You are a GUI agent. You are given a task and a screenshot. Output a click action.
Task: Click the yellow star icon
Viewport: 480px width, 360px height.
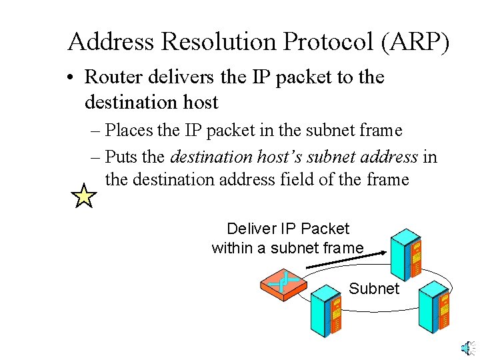pyautogui.click(x=84, y=197)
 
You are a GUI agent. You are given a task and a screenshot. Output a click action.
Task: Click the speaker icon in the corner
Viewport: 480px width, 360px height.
pyautogui.click(x=467, y=347)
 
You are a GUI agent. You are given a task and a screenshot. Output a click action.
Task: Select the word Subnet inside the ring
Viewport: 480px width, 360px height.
pyautogui.click(x=374, y=289)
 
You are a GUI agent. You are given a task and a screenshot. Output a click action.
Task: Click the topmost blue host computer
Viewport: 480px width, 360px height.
pyautogui.click(x=406, y=253)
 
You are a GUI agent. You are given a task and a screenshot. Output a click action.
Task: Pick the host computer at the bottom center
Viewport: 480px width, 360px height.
pyautogui.click(x=326, y=310)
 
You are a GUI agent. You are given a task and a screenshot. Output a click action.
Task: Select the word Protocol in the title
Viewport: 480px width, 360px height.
pyautogui.click(x=327, y=42)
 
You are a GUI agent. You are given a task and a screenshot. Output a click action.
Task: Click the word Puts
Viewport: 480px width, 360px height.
pyautogui.click(x=121, y=157)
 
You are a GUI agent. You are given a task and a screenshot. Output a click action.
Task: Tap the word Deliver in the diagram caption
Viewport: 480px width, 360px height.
pyautogui.click(x=251, y=229)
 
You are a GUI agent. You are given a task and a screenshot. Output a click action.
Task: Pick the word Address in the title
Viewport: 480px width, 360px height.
pyautogui.click(x=111, y=42)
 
